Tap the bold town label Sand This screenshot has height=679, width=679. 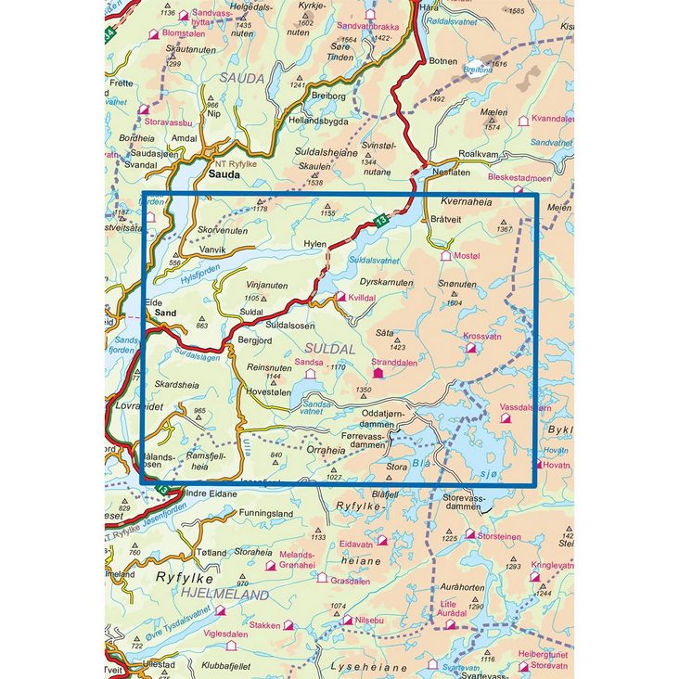tap(165, 314)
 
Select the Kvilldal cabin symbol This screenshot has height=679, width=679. tap(340, 298)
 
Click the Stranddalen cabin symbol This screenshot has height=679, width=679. tap(378, 374)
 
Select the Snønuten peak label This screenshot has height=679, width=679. tap(456, 286)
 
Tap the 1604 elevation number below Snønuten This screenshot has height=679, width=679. tap(455, 302)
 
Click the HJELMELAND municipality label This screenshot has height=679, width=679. tap(223, 595)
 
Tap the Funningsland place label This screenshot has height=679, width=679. tap(265, 513)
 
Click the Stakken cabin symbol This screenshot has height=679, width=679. tap(288, 626)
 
